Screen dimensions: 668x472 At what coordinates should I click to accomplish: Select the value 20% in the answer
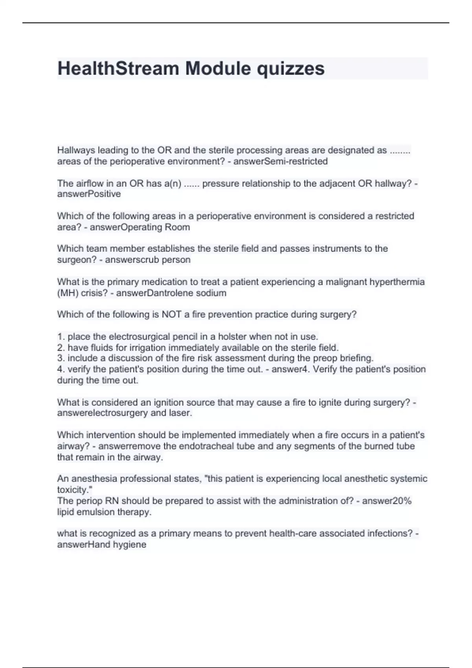402,501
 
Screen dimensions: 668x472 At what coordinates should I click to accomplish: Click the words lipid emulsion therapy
104,512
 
